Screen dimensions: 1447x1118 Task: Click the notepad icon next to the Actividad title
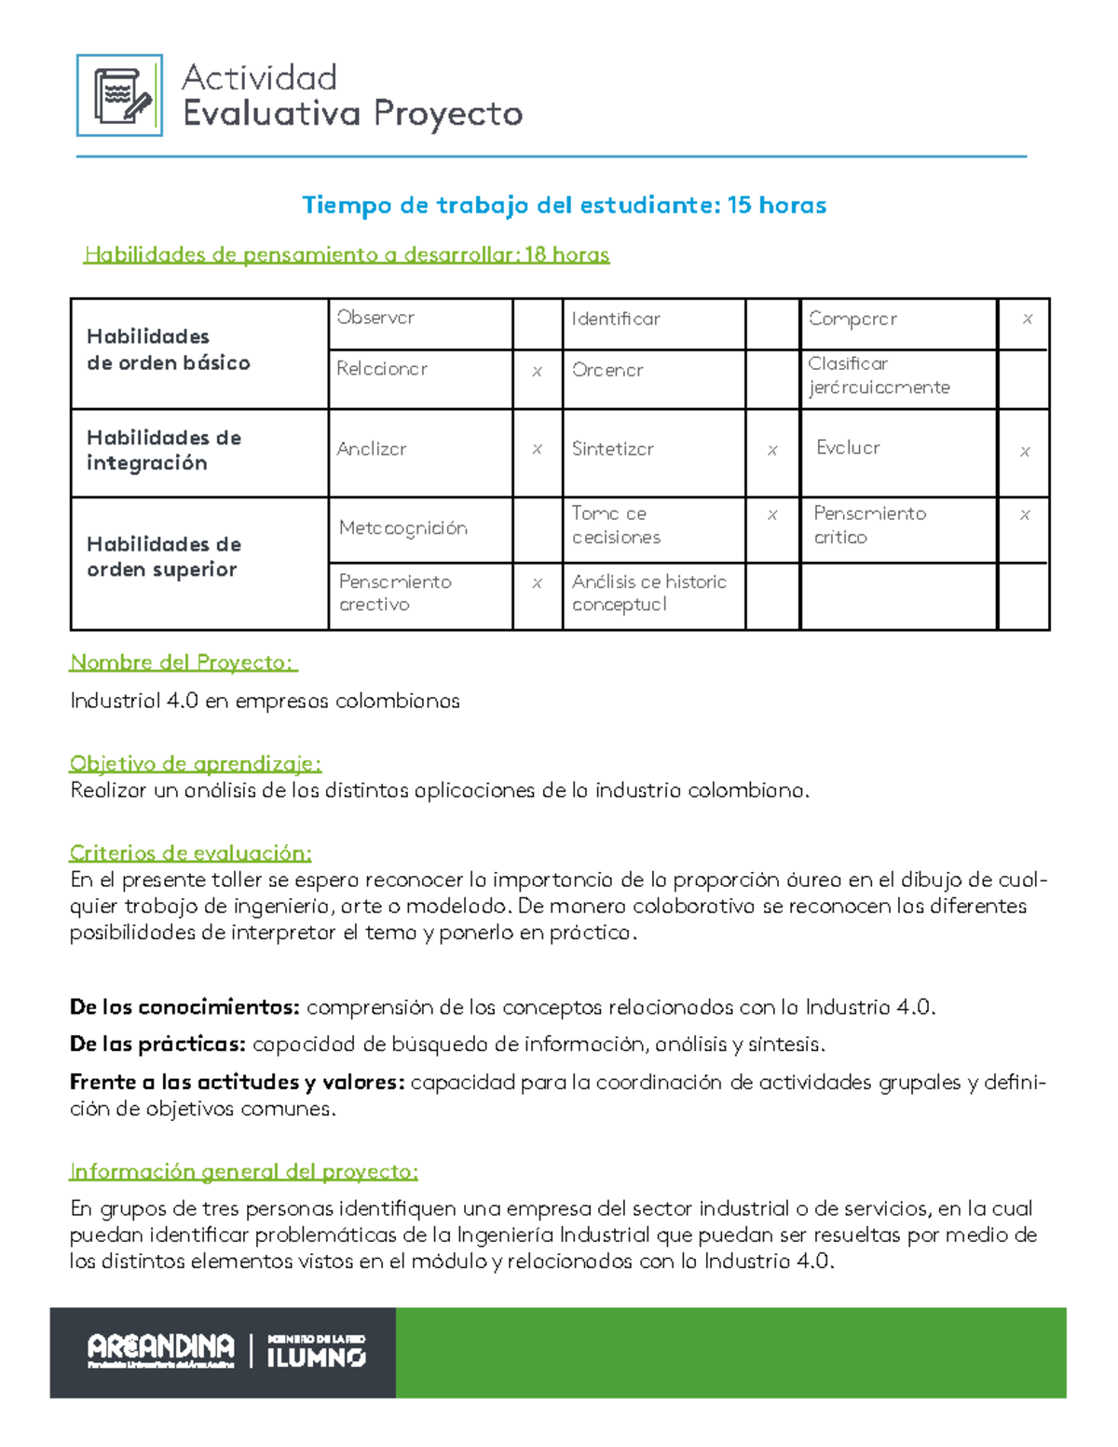click(x=119, y=95)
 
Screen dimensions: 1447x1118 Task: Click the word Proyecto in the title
click(x=448, y=114)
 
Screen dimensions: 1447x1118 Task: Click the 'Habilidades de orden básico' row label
click(x=169, y=350)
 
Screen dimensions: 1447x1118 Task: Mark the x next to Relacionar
click(x=537, y=372)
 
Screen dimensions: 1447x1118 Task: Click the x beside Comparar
click(x=1027, y=319)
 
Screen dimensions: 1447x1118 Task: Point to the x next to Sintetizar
click(x=772, y=451)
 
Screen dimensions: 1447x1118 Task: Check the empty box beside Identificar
click(x=772, y=322)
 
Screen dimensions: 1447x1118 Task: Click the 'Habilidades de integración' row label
click(x=164, y=451)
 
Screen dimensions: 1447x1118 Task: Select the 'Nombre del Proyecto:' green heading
click(x=183, y=662)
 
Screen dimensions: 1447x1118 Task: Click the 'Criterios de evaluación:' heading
click(x=190, y=853)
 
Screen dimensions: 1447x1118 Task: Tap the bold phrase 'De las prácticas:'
click(x=157, y=1044)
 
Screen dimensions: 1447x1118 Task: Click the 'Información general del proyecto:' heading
click(x=243, y=1171)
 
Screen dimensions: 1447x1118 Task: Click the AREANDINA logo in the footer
click(x=160, y=1349)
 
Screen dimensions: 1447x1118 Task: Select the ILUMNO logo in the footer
click(x=316, y=1352)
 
